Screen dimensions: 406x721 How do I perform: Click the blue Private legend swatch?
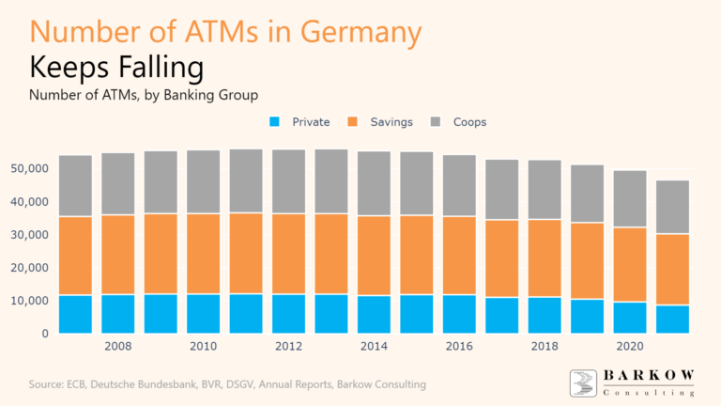coord(274,122)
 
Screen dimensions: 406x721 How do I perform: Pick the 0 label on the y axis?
coord(44,334)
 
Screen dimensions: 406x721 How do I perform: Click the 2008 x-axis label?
coord(118,347)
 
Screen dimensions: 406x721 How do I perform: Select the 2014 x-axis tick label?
coord(375,347)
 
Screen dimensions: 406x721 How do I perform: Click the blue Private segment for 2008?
coord(118,314)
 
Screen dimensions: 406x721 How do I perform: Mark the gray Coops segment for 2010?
coord(204,181)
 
